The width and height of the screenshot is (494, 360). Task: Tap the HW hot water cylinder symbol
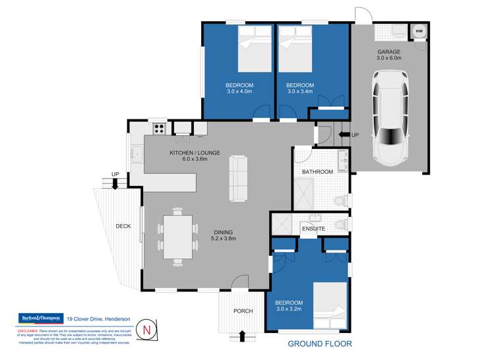pyautogui.click(x=419, y=30)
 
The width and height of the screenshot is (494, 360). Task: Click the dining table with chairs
pyautogui.click(x=177, y=236)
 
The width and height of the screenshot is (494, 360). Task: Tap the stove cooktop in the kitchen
pyautogui.click(x=159, y=129)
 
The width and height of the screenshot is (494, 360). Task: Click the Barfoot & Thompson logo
pyautogui.click(x=39, y=318)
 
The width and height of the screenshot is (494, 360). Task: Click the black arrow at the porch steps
pyautogui.click(x=243, y=336)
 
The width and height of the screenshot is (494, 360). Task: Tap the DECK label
pyautogui.click(x=123, y=226)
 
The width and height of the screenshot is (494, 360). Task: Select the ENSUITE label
pyautogui.click(x=313, y=229)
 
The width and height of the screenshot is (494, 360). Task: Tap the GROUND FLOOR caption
pyautogui.click(x=319, y=344)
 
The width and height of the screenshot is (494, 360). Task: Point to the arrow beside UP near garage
pyautogui.click(x=344, y=135)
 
